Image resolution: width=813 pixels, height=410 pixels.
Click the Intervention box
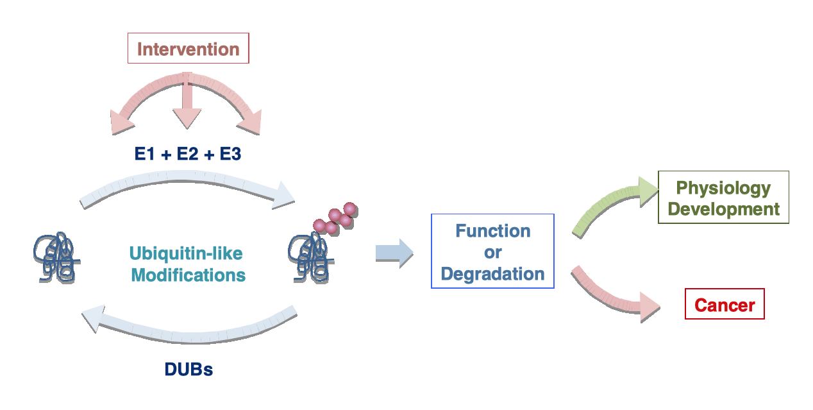tap(188, 48)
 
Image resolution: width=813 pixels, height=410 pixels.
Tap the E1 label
tap(144, 153)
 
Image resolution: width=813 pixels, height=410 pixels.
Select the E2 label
tap(187, 153)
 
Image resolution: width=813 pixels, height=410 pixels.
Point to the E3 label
tap(230, 153)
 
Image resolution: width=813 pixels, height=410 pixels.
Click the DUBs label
tap(189, 370)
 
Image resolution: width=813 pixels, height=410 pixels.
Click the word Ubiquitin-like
tap(186, 253)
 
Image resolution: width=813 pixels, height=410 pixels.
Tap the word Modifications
tap(188, 275)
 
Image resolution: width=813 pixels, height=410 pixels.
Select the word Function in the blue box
tap(493, 231)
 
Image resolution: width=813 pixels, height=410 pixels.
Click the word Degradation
tap(492, 274)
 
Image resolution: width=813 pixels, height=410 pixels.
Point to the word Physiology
tap(723, 189)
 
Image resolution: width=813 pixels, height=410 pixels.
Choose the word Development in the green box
tap(724, 209)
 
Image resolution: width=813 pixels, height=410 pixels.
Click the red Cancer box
tap(725, 304)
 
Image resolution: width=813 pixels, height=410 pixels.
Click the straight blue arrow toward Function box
tap(394, 253)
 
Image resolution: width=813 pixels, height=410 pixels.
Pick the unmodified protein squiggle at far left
tap(56, 257)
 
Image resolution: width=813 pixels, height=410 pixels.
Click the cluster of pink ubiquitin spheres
tap(335, 218)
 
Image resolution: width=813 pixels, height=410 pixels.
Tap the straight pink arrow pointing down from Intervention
tap(187, 101)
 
